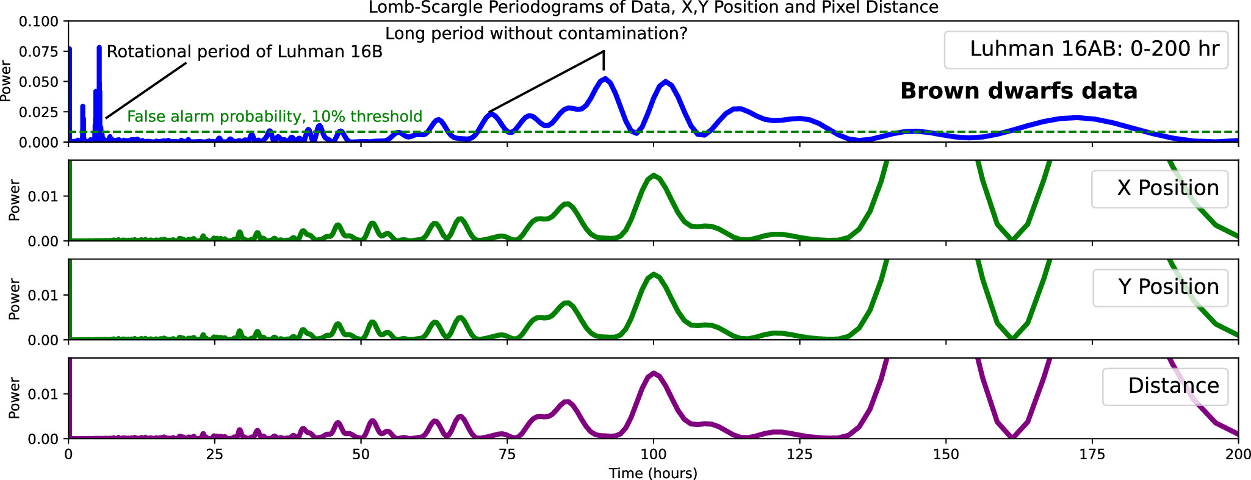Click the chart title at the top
(x=653, y=7)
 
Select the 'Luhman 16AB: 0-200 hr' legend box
(x=1086, y=49)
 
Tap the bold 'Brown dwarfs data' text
(x=1018, y=91)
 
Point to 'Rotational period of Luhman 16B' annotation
(x=244, y=52)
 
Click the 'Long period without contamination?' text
(x=536, y=34)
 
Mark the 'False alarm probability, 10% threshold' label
(x=275, y=116)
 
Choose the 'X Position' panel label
(x=1167, y=188)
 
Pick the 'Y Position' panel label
(x=1167, y=287)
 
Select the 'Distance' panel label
(x=1173, y=385)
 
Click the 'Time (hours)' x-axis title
(x=653, y=473)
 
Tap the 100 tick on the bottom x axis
(x=653, y=454)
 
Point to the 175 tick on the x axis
(x=1092, y=454)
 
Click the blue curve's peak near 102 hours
(x=666, y=82)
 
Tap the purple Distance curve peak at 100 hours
(x=654, y=373)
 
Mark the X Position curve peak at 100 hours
(x=654, y=176)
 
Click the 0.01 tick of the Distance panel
(x=44, y=394)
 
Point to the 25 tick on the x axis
(x=215, y=454)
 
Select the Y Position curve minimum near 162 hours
(x=1012, y=338)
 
